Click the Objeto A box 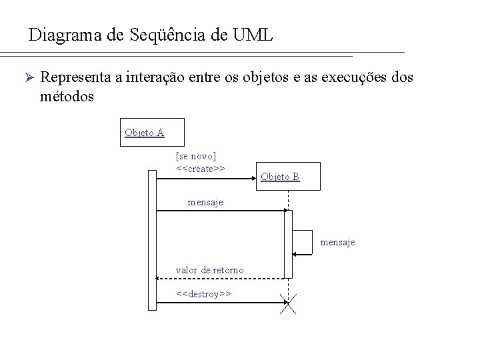click(x=145, y=132)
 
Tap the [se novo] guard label click(x=195, y=156)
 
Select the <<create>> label click(x=200, y=169)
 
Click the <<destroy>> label click(x=203, y=293)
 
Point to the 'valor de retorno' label click(x=209, y=270)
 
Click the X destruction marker click(x=288, y=304)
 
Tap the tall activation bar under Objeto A click(x=152, y=240)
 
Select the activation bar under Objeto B click(x=288, y=243)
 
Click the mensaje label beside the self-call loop click(x=337, y=242)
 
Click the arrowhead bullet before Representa click(x=24, y=78)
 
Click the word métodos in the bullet click(x=67, y=96)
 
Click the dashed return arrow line click(x=220, y=278)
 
